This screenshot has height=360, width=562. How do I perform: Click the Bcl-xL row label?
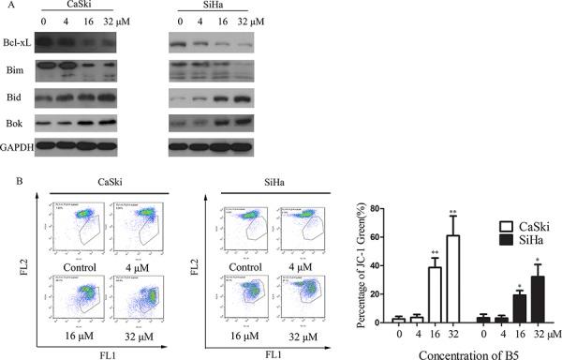coord(18,43)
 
